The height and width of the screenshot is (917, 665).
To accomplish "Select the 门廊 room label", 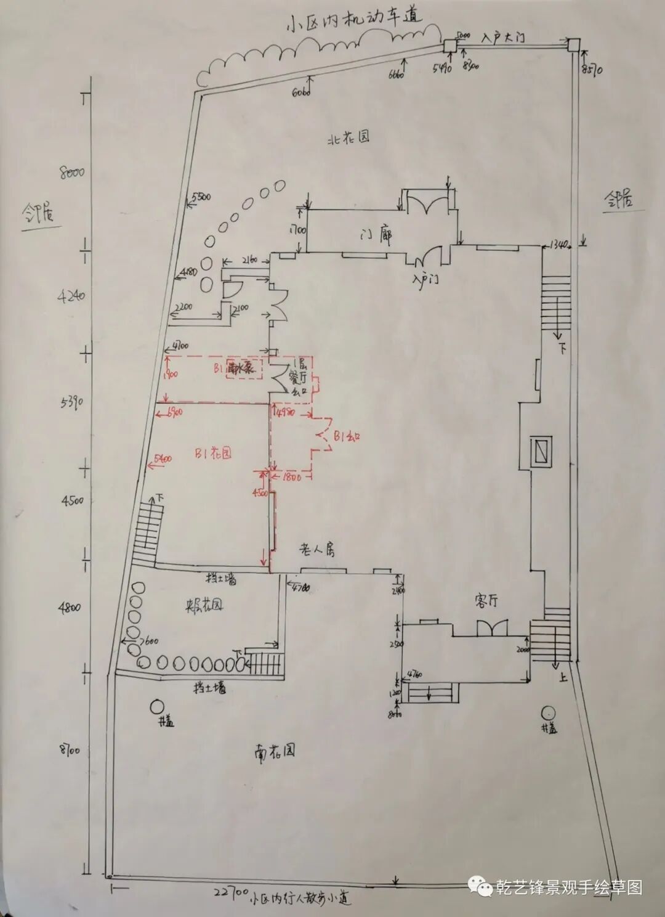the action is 377,235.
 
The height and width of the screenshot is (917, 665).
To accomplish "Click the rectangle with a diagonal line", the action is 542,450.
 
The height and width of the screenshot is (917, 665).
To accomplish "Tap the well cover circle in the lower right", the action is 546,713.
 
